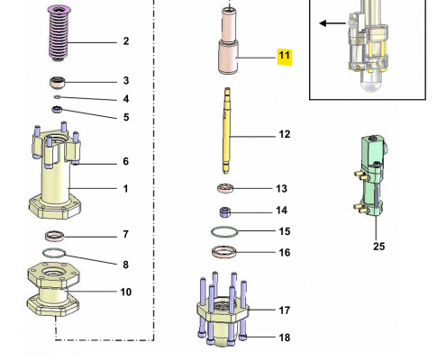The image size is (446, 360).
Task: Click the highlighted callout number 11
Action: pyautogui.click(x=284, y=56)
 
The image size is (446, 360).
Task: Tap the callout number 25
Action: pyautogui.click(x=378, y=246)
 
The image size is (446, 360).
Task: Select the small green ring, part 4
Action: pyautogui.click(x=58, y=97)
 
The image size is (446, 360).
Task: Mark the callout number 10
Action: pyautogui.click(x=126, y=292)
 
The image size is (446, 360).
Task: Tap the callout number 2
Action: pyautogui.click(x=125, y=41)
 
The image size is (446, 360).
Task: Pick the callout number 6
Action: pyautogui.click(x=125, y=162)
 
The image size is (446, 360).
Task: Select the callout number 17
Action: pyautogui.click(x=284, y=310)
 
